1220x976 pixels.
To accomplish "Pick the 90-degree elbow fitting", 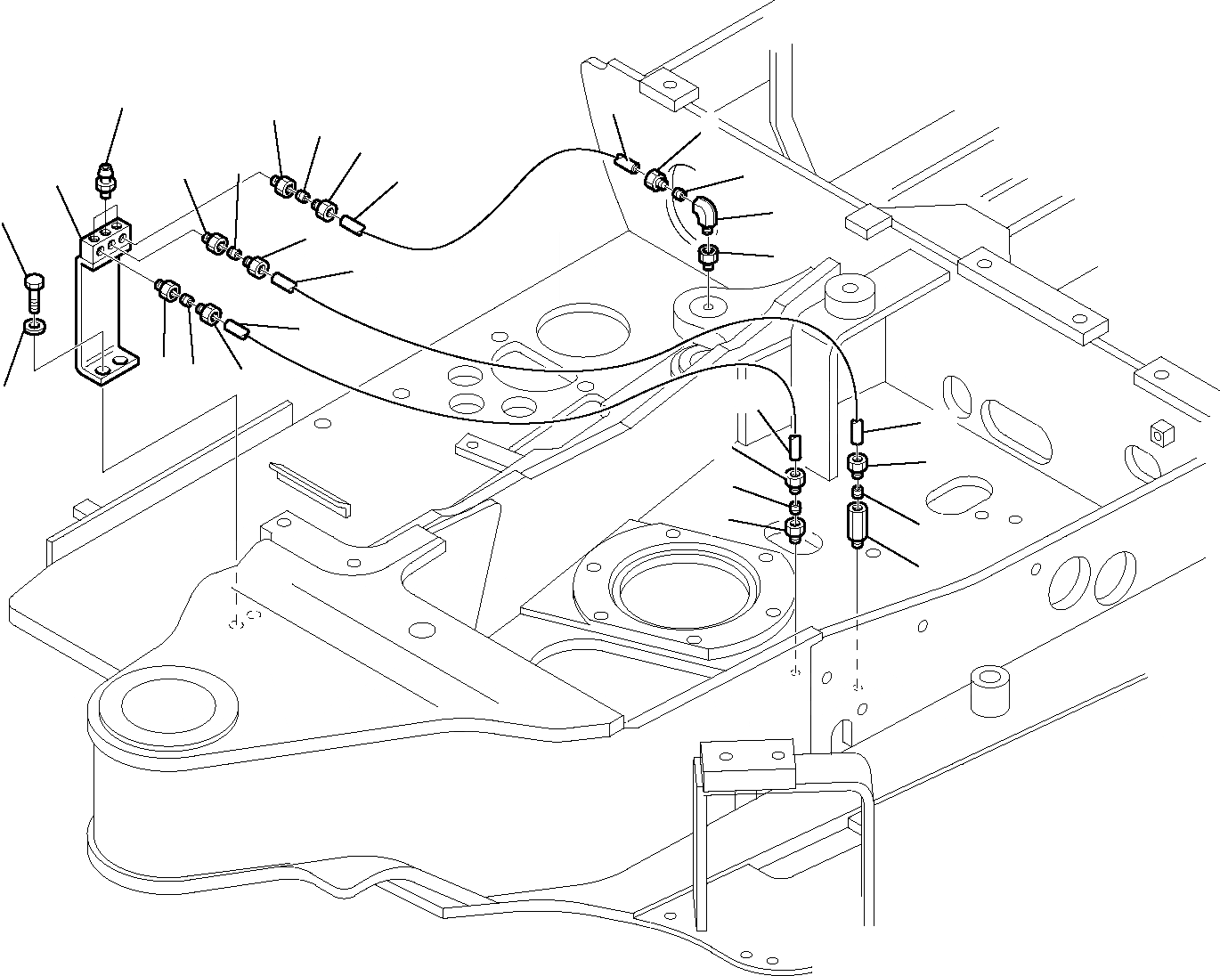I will (x=707, y=214).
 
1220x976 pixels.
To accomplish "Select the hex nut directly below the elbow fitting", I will (x=709, y=259).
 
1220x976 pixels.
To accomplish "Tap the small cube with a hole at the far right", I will (x=1159, y=434).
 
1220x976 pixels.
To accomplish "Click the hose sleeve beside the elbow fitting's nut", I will (x=626, y=164).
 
